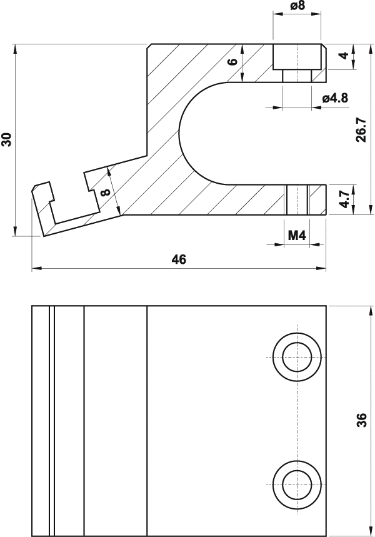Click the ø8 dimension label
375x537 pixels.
pos(297,8)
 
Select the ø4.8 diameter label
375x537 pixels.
pos(335,98)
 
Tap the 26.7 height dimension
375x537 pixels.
pos(361,129)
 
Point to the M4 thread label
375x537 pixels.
pos(296,235)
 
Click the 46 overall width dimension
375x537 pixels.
pos(179,259)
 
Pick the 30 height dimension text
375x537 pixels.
pos(7,139)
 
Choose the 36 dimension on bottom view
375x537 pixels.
pos(361,421)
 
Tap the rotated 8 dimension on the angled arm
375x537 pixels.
pos(105,192)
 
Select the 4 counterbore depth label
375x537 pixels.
pos(343,56)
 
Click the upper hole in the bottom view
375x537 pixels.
pos(297,357)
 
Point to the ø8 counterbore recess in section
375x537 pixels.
pos(297,57)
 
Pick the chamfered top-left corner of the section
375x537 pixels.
pos(149,46)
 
